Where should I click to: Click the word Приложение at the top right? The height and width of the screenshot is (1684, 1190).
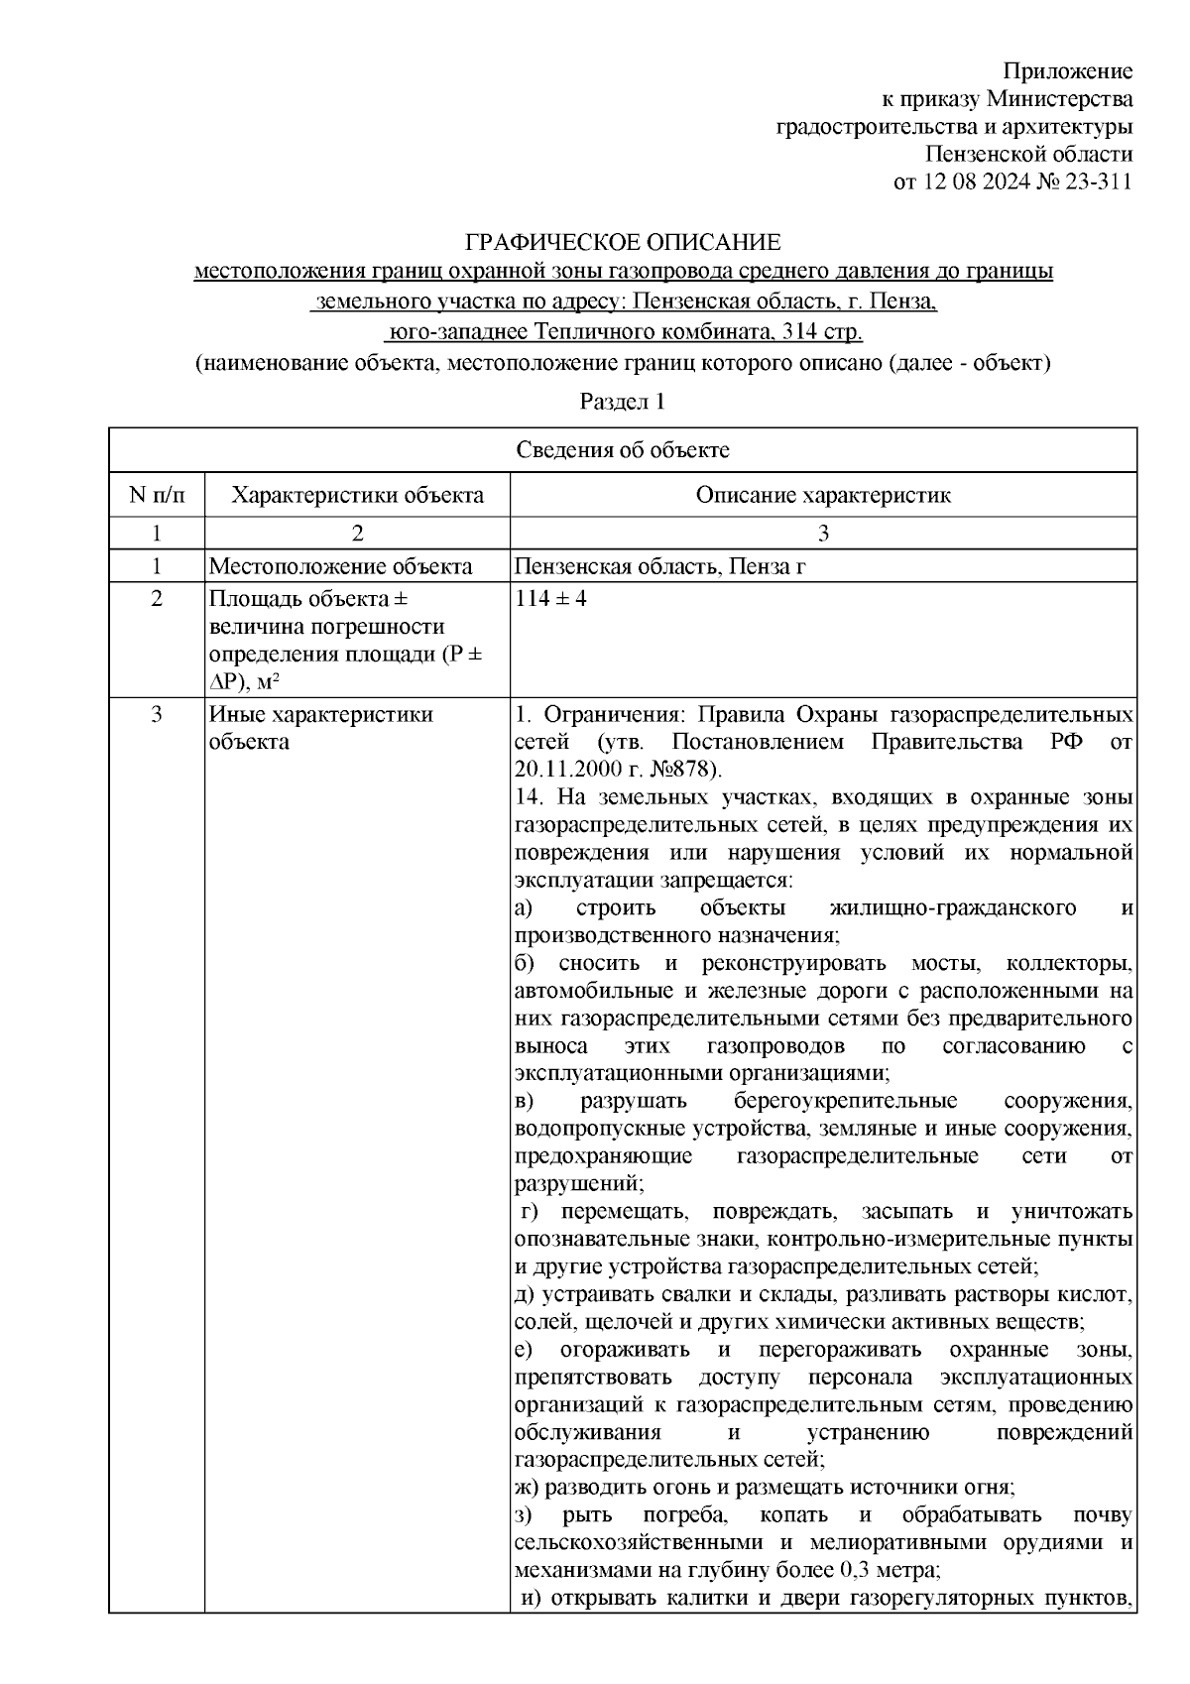click(x=1067, y=71)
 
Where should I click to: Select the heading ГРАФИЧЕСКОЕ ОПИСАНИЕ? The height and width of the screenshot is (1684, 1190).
click(x=623, y=242)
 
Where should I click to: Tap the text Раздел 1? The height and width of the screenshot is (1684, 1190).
click(x=622, y=402)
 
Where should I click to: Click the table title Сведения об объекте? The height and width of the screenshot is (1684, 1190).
click(x=623, y=450)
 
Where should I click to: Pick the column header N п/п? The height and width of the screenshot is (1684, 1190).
click(x=156, y=495)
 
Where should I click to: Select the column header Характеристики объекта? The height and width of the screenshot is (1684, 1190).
click(x=357, y=495)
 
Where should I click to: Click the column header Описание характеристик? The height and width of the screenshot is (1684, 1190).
click(x=822, y=495)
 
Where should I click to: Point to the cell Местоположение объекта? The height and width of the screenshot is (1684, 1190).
click(x=340, y=566)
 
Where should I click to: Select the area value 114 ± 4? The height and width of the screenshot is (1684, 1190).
click(x=551, y=599)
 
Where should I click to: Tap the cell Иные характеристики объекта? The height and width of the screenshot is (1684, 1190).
click(x=320, y=728)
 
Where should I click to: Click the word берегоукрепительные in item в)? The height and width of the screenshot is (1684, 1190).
click(x=845, y=1101)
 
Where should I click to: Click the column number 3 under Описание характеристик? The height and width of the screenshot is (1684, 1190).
click(x=822, y=534)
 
